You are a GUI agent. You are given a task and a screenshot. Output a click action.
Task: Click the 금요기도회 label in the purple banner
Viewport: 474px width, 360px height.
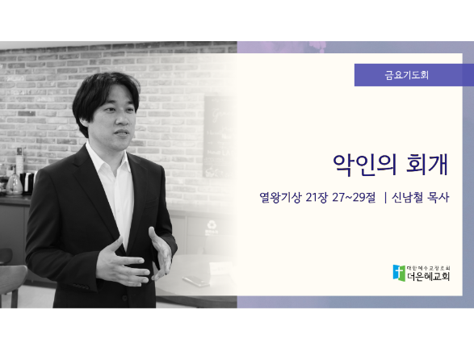[407, 75]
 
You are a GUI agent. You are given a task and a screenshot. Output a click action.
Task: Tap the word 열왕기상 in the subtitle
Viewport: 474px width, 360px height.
[280, 198]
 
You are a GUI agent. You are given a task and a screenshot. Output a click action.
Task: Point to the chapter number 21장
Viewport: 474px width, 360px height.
[317, 198]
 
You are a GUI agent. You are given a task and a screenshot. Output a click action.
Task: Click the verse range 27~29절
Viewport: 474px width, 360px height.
[354, 198]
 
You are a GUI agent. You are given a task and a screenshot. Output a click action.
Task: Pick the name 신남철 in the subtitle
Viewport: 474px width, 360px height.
[408, 198]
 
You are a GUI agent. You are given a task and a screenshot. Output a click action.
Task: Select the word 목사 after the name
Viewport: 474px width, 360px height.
[438, 198]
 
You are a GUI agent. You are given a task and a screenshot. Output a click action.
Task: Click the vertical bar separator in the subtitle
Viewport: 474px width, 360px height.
[385, 198]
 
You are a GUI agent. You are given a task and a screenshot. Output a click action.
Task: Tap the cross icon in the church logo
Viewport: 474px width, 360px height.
[399, 273]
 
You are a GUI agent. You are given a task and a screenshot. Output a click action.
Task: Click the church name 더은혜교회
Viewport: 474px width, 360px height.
[428, 276]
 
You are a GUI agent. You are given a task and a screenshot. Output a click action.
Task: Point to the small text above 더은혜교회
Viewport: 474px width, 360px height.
[429, 268]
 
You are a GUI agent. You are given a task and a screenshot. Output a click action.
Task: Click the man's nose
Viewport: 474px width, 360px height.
[121, 120]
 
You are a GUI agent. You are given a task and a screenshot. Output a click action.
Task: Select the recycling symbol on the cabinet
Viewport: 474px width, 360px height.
[211, 225]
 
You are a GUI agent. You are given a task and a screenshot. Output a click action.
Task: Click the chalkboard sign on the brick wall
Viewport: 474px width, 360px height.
[220, 136]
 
